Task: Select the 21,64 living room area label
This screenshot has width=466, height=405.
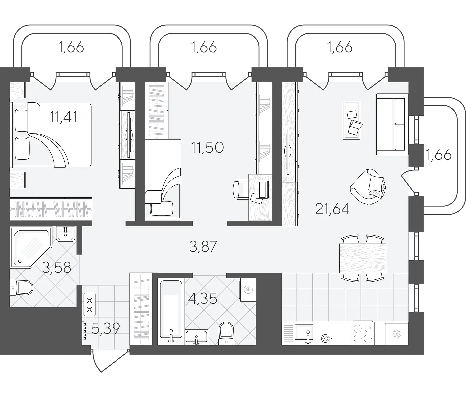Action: (x=332, y=209)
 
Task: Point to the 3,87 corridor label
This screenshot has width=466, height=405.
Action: (x=203, y=246)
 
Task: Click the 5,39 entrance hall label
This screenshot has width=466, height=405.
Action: (x=106, y=328)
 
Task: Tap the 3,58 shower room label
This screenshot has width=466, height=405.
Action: (x=57, y=267)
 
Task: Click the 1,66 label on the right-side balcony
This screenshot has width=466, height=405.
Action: (x=439, y=155)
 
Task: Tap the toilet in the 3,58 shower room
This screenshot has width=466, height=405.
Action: (x=21, y=287)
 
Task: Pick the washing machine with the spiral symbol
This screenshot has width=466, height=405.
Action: (x=248, y=290)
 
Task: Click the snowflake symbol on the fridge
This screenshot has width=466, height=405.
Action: (x=397, y=334)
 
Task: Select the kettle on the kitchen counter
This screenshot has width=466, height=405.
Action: (x=326, y=338)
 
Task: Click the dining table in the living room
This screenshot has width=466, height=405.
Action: (x=362, y=258)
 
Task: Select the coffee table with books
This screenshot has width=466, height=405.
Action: (x=352, y=120)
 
